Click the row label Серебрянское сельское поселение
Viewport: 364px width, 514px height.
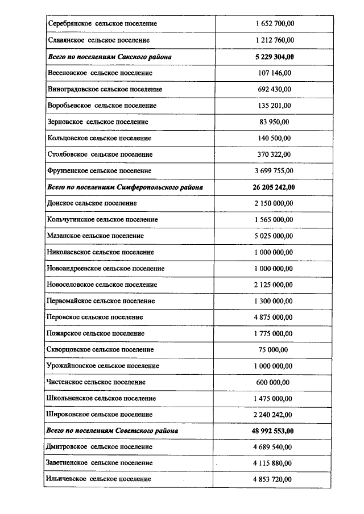(x=102, y=24)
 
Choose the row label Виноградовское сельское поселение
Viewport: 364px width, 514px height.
(x=105, y=89)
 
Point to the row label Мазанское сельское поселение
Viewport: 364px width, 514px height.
(x=96, y=236)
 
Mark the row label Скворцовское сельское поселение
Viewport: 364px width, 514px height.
(x=101, y=349)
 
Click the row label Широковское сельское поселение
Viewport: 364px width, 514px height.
(x=100, y=415)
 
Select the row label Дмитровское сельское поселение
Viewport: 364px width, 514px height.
(x=100, y=447)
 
